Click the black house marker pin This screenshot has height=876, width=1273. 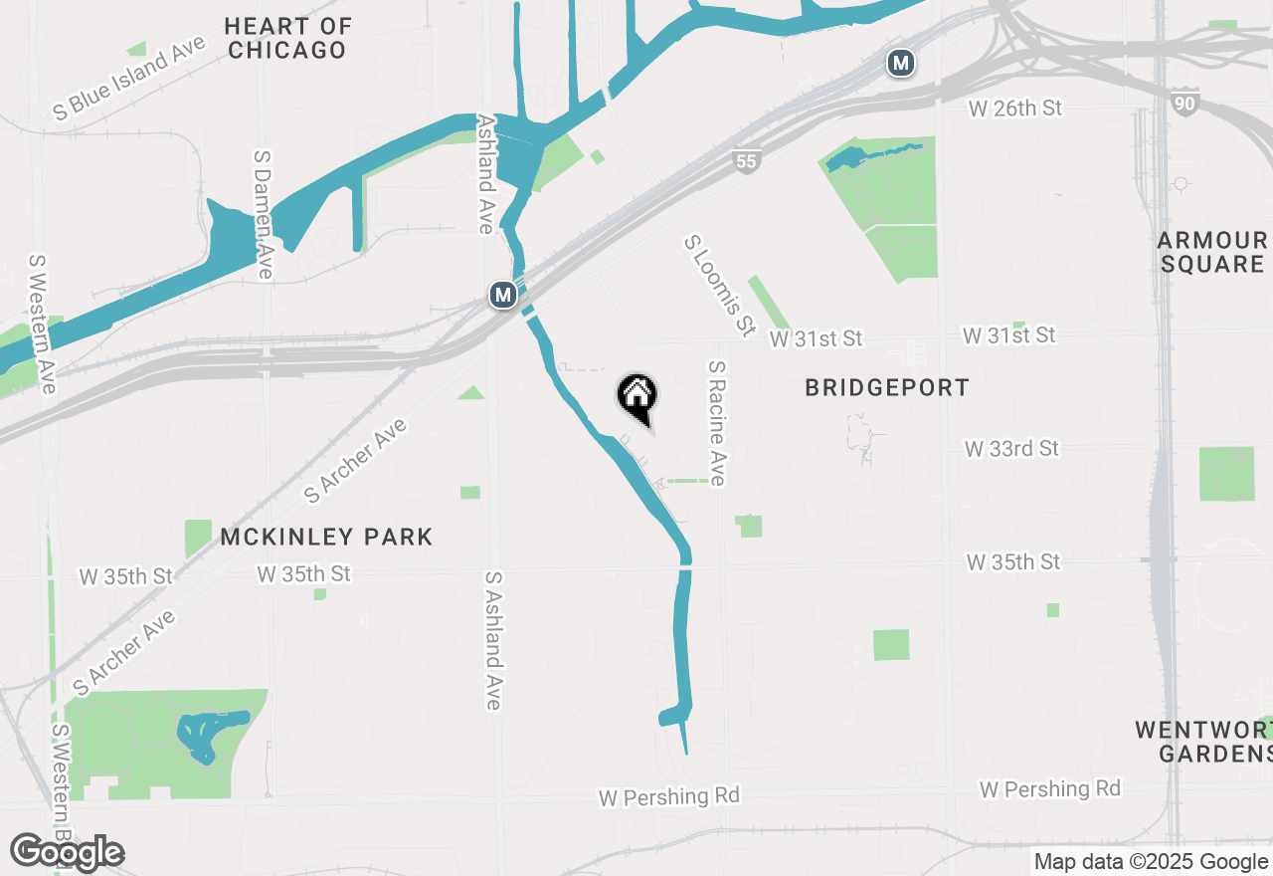pyautogui.click(x=637, y=397)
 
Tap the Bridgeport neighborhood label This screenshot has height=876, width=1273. pyautogui.click(x=886, y=388)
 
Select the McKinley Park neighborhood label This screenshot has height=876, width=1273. pyautogui.click(x=326, y=538)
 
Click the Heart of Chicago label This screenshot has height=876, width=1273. pyautogui.click(x=287, y=38)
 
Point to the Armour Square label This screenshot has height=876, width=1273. pyautogui.click(x=1212, y=252)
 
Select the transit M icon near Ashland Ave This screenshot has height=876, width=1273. pyautogui.click(x=503, y=295)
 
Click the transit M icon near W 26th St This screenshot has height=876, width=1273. pyautogui.click(x=900, y=64)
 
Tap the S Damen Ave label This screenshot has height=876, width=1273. pyautogui.click(x=264, y=215)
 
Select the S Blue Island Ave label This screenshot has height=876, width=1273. pyautogui.click(x=129, y=79)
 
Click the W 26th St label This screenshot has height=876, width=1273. pyautogui.click(x=1015, y=108)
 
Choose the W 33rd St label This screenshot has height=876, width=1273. pyautogui.click(x=1011, y=449)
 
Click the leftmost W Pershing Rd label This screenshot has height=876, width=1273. pyautogui.click(x=668, y=797)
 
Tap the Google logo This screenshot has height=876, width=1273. pyautogui.click(x=67, y=853)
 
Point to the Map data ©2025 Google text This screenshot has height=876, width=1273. pyautogui.click(x=1151, y=862)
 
